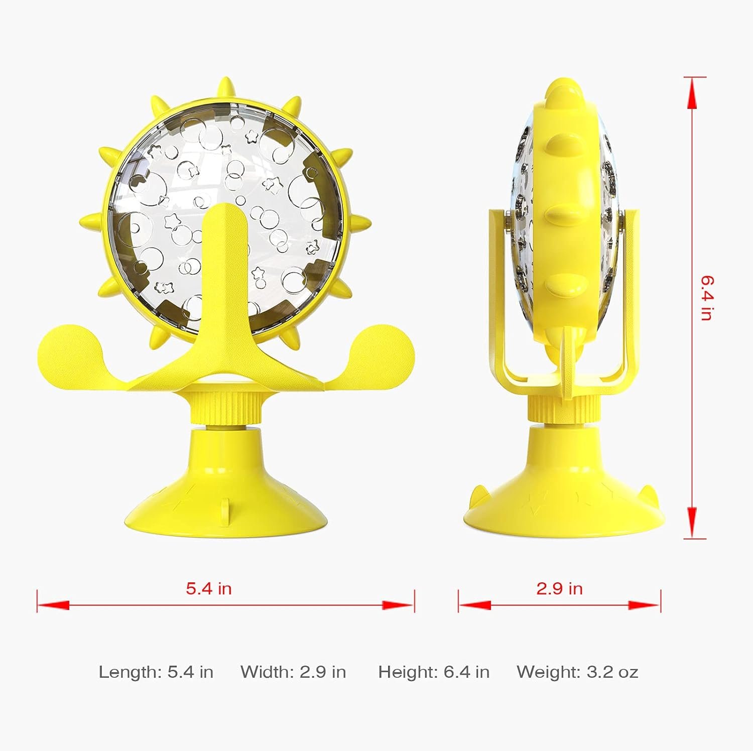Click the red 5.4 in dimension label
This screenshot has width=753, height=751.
[209, 588]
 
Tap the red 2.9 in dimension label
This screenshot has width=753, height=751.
[559, 588]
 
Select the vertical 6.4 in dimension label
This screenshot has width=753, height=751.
[707, 298]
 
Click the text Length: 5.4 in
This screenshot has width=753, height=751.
[156, 672]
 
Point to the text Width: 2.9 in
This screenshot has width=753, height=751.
[293, 672]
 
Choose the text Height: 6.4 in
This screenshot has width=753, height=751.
[434, 672]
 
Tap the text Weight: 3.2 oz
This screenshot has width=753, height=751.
[577, 672]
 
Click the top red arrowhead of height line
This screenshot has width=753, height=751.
[692, 93]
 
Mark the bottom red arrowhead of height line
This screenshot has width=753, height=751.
[692, 523]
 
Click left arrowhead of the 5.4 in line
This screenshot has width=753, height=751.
[53, 605]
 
